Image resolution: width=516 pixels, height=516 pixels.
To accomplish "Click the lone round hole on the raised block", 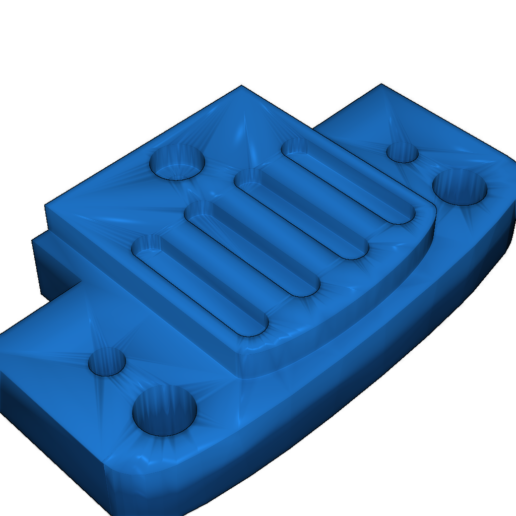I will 177,162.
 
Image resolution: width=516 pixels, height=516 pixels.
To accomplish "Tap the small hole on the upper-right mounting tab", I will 402,152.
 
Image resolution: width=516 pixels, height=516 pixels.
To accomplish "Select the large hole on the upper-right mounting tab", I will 460,187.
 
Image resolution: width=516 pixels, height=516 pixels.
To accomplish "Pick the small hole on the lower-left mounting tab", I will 107,362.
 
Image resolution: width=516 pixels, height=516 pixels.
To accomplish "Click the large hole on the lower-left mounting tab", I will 164,411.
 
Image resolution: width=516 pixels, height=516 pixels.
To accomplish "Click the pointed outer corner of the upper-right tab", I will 381,85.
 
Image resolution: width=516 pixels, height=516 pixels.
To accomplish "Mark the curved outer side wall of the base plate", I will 353,403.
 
